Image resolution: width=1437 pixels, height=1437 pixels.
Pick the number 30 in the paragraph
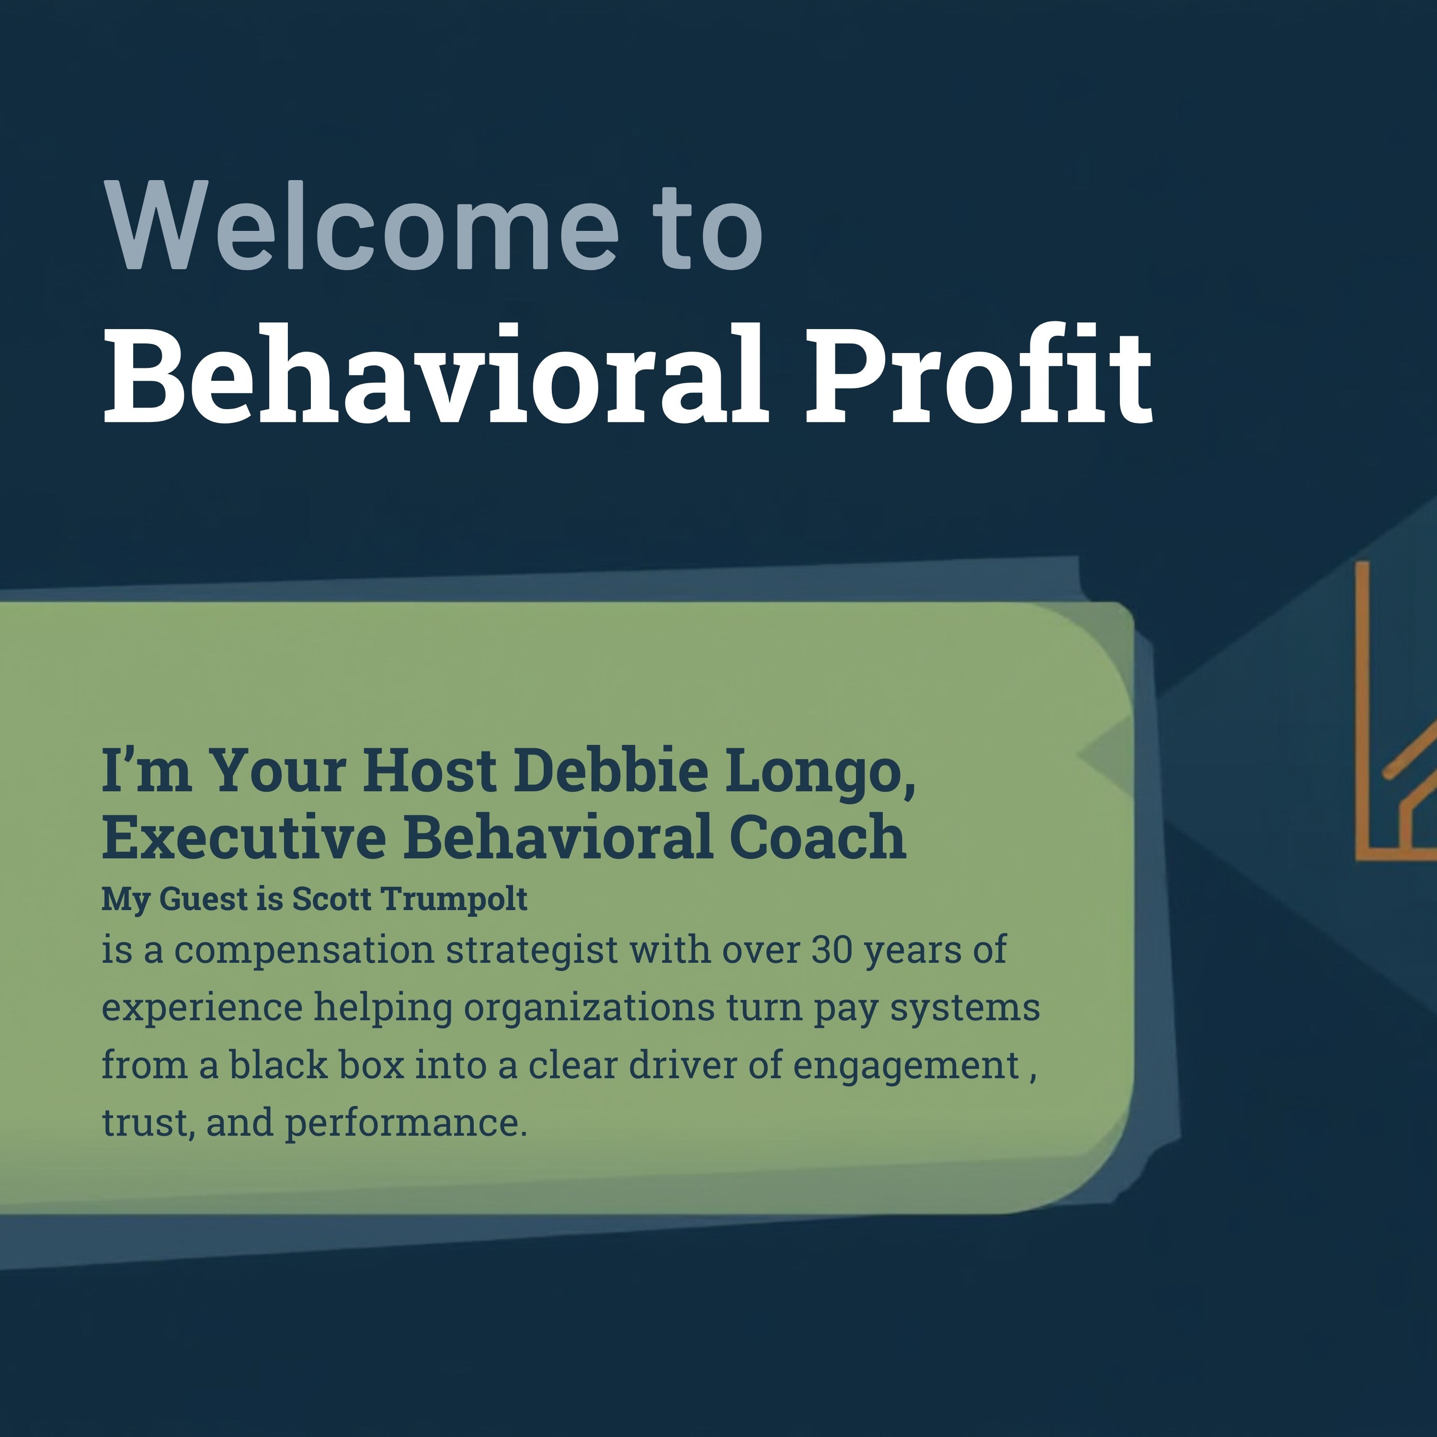pyautogui.click(x=832, y=950)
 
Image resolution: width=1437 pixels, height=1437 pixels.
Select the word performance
pyautogui.click(x=405, y=1123)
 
